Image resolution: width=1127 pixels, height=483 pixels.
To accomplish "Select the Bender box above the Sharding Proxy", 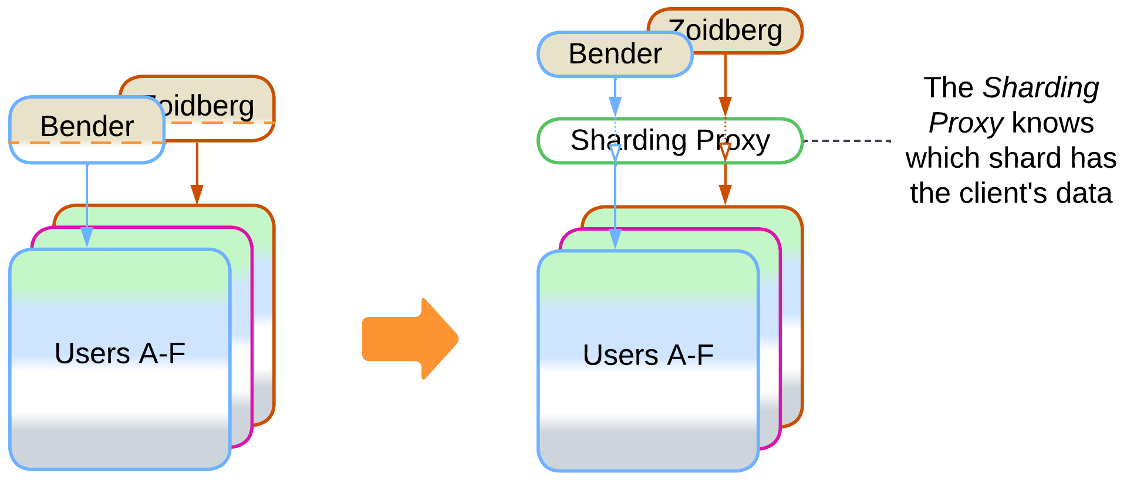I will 615,55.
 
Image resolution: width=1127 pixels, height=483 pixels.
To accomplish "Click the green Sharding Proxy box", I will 670,141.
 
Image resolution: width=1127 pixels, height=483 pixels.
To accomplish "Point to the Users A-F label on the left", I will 120,354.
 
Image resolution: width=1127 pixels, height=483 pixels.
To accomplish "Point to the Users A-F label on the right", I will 648,356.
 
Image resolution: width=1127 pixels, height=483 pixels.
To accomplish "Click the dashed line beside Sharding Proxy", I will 847,141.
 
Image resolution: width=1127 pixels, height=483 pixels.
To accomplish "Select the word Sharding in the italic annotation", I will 1041,88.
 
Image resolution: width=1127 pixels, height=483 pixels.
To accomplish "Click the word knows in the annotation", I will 1052,123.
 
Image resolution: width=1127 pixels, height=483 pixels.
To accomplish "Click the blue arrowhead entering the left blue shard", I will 87,237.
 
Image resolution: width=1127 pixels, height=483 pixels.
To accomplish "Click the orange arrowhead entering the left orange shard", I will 197,194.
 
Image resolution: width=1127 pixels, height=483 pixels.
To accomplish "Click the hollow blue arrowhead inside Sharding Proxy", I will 615,153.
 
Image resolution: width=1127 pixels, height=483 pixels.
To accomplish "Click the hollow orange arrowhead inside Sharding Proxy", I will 726,151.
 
